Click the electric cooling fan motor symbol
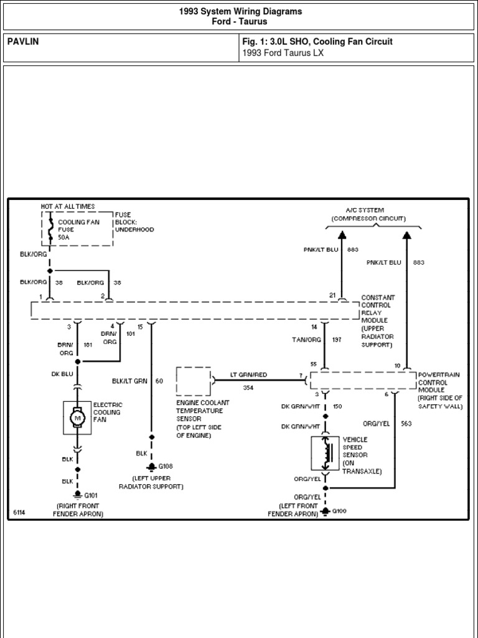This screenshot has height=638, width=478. click(x=78, y=417)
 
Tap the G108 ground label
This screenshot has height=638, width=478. click(x=166, y=465)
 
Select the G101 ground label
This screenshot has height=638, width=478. click(x=91, y=495)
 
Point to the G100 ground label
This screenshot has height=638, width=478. click(x=339, y=511)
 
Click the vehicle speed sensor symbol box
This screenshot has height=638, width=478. click(x=325, y=454)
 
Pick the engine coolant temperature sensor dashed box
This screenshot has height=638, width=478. click(x=193, y=381)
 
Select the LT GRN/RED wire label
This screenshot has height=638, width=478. click(x=248, y=374)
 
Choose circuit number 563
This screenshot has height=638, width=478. click(x=407, y=424)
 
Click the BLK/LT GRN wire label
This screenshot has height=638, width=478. click(x=129, y=381)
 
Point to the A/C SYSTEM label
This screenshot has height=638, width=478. click(x=365, y=210)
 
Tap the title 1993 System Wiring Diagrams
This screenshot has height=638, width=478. click(x=240, y=11)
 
